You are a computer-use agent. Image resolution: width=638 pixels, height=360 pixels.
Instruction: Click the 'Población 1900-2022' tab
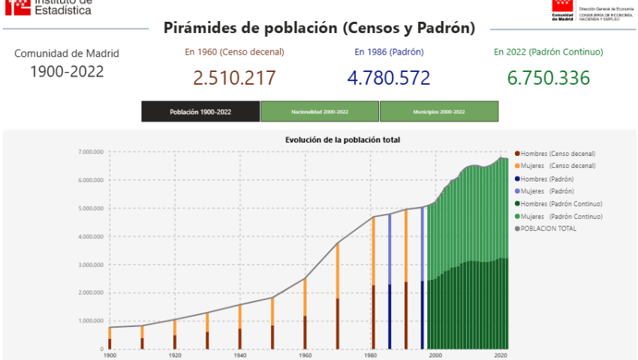click(200, 112)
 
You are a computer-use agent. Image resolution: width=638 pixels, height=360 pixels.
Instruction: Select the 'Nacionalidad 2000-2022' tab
click(320, 112)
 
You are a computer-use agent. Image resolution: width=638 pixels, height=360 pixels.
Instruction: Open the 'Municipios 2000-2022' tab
click(439, 112)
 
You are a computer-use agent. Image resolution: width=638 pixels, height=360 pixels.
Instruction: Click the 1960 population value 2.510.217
click(234, 78)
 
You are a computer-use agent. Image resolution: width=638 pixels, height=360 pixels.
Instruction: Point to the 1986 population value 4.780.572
click(389, 78)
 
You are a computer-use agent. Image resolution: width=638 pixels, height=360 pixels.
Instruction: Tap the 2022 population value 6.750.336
click(548, 78)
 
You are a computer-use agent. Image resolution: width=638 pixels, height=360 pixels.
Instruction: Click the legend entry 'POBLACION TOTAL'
click(549, 228)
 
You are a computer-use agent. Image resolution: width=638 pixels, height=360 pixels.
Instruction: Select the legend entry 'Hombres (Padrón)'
click(547, 179)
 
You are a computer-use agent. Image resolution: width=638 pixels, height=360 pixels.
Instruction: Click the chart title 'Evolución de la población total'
click(342, 139)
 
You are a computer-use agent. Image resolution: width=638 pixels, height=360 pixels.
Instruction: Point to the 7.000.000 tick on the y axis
click(90, 151)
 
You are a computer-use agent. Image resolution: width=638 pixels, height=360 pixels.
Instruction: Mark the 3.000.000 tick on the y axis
click(90, 265)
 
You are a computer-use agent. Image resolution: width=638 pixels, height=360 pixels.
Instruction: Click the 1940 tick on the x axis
click(240, 355)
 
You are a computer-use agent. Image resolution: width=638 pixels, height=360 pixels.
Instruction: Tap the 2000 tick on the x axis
click(435, 355)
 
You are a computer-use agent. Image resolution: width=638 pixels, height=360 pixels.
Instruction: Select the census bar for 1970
click(338, 296)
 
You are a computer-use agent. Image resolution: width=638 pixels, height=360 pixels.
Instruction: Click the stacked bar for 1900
click(110, 337)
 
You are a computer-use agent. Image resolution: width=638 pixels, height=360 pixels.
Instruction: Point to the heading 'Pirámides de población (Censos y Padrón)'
click(319, 28)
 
